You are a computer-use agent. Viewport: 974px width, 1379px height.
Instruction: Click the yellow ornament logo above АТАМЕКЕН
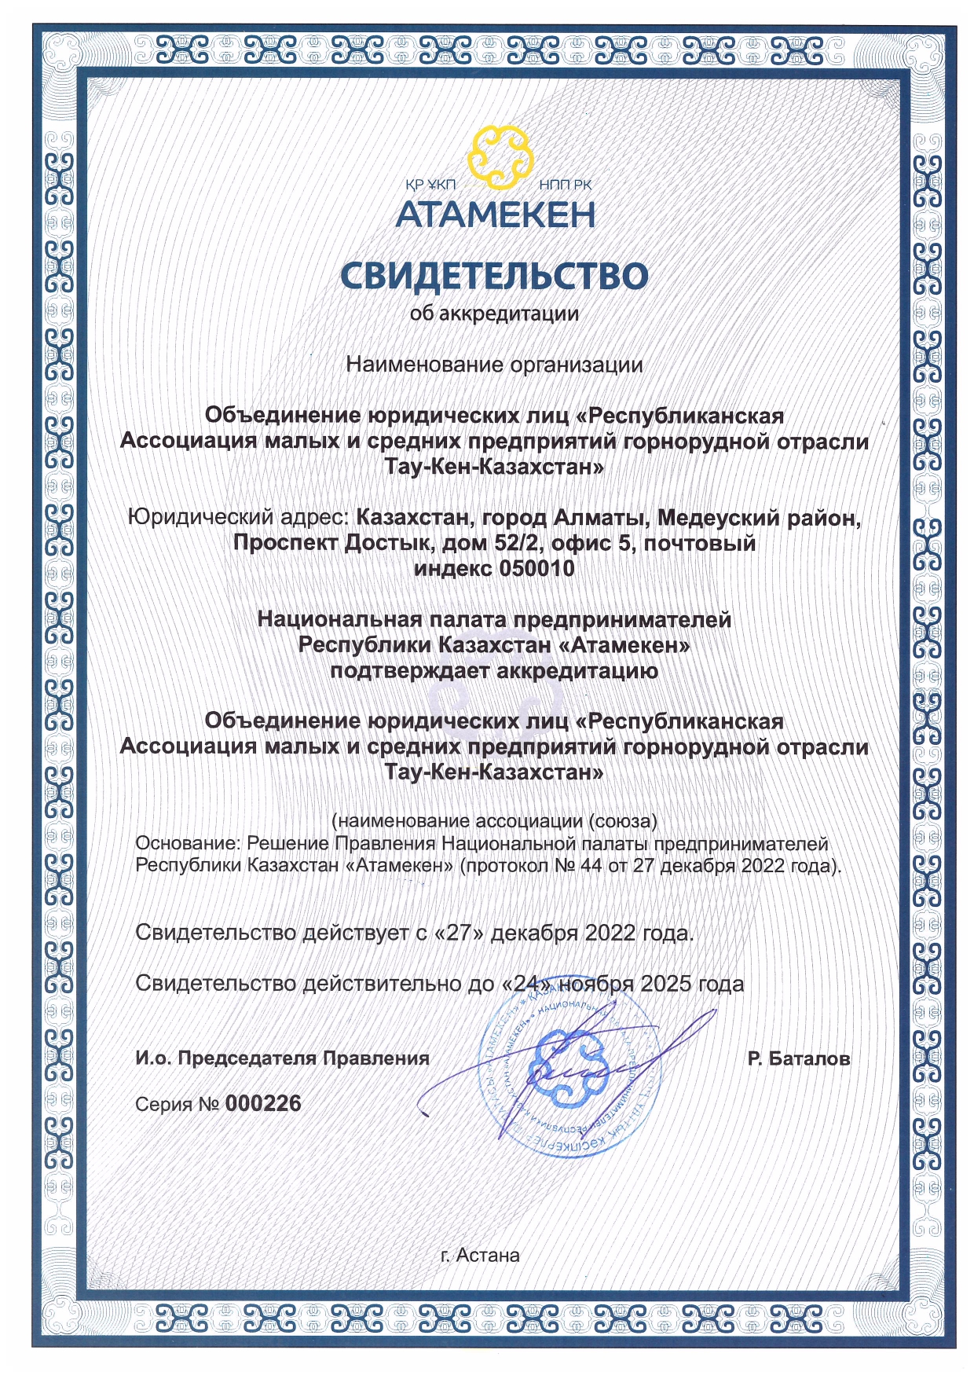[x=500, y=159]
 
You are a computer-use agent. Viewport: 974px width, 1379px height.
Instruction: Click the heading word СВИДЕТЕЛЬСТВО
[x=494, y=276]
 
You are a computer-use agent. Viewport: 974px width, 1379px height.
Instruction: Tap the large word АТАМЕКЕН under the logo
[x=495, y=215]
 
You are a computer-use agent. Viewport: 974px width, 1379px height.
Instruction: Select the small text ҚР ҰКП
[x=430, y=185]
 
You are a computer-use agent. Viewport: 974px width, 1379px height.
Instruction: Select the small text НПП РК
[x=566, y=185]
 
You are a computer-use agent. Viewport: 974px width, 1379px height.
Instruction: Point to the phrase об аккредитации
[x=494, y=314]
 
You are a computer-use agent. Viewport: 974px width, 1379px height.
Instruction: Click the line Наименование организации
[x=494, y=365]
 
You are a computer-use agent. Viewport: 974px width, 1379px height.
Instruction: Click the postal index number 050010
[x=537, y=568]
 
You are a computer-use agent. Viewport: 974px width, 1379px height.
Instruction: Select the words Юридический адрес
[x=238, y=518]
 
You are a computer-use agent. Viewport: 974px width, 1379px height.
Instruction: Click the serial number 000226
[x=263, y=1103]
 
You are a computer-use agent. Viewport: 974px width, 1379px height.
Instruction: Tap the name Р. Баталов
[x=798, y=1058]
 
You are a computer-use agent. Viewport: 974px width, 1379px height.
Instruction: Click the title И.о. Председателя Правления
[x=282, y=1058]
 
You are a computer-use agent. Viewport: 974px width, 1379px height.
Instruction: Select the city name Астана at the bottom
[x=488, y=1256]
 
